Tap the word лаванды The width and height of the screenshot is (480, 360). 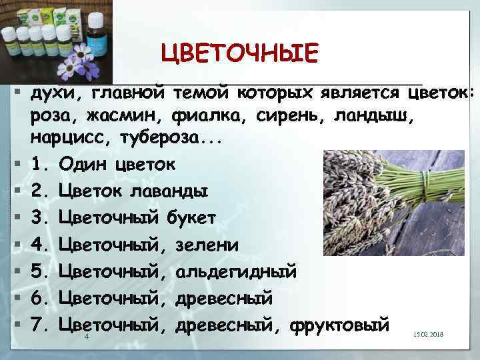[167, 191]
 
